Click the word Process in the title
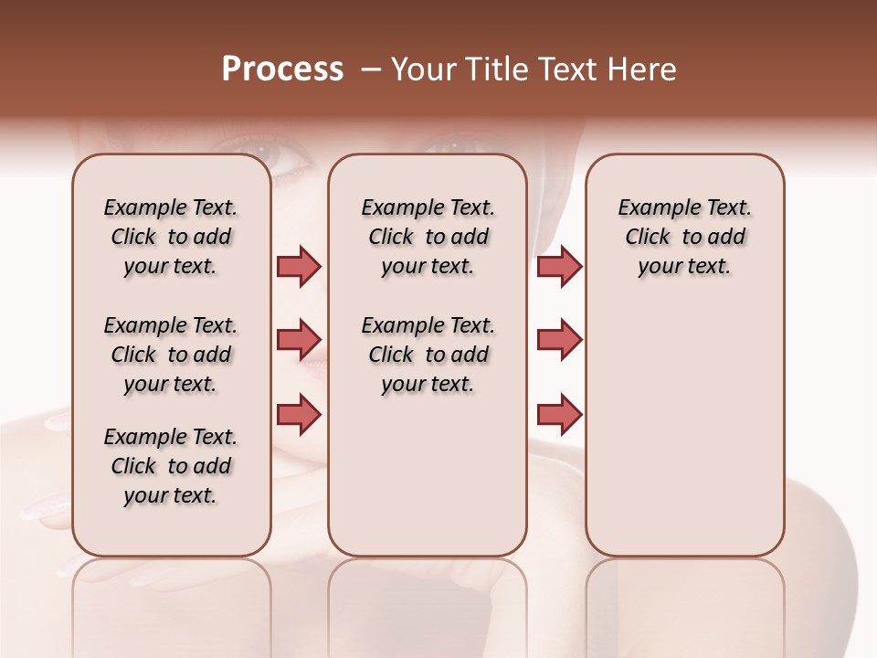pos(282,69)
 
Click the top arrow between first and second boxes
pos(299,266)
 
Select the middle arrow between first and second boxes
pos(299,340)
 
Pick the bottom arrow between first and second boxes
pos(299,413)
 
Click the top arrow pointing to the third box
pos(559,266)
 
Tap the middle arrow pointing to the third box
pos(559,340)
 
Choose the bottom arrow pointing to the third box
pos(559,414)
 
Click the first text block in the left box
pos(171,237)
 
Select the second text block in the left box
pos(171,355)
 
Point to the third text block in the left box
pos(171,466)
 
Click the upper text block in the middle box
pos(428,237)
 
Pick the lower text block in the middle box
pos(428,355)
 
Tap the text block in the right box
pos(685,237)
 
